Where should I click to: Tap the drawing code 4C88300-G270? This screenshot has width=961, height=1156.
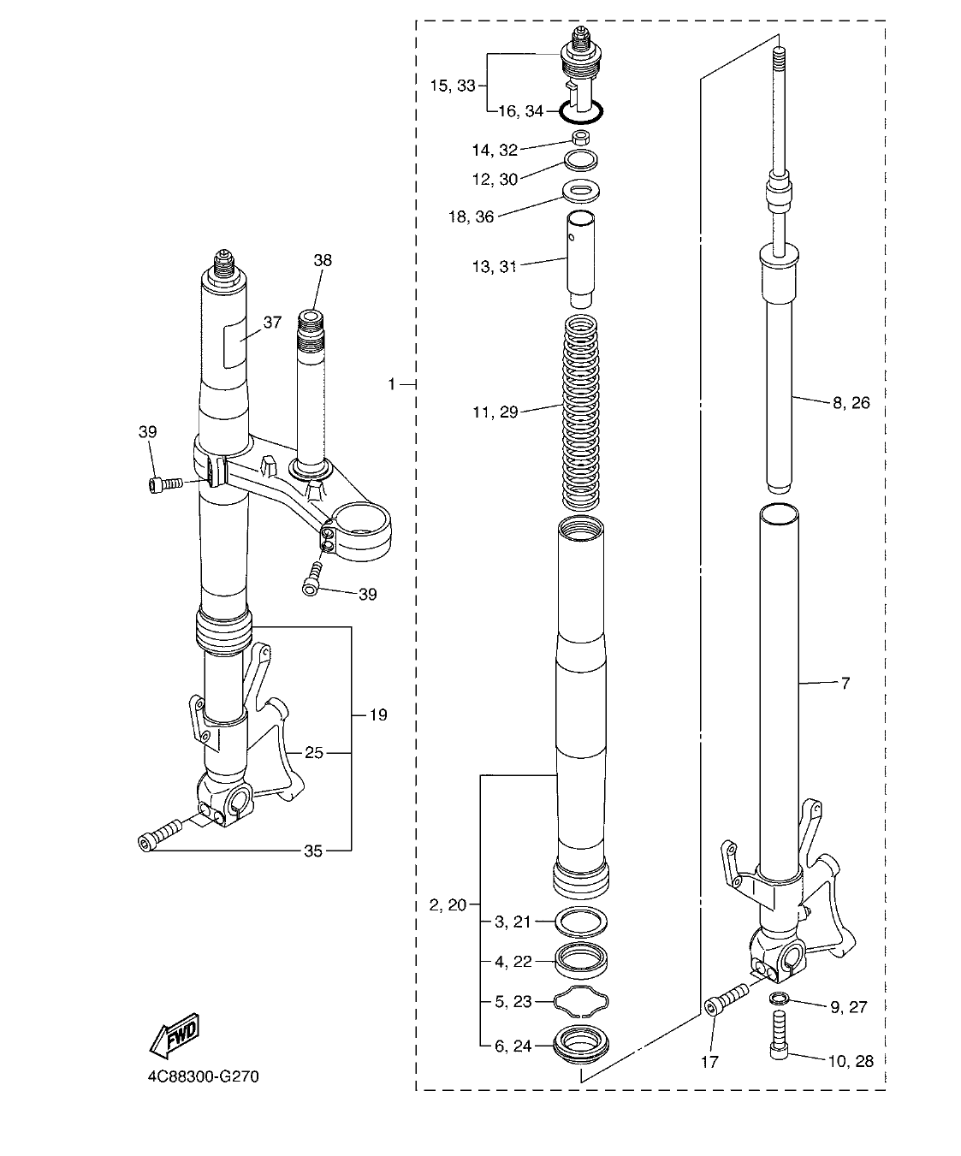click(202, 1076)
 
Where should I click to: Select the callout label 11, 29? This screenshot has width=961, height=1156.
click(496, 412)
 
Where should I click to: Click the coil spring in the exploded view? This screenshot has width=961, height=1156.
click(586, 411)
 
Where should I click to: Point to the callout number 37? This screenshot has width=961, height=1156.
click(272, 323)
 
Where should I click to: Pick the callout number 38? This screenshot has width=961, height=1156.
click(322, 260)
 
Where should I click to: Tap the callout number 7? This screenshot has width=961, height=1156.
click(845, 683)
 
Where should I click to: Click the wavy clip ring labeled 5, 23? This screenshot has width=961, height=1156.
click(582, 1001)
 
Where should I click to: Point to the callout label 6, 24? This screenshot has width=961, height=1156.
click(513, 1045)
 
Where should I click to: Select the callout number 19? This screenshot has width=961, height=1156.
click(377, 714)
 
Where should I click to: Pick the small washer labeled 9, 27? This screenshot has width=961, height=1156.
click(779, 998)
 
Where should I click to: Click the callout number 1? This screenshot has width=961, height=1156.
click(393, 385)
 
